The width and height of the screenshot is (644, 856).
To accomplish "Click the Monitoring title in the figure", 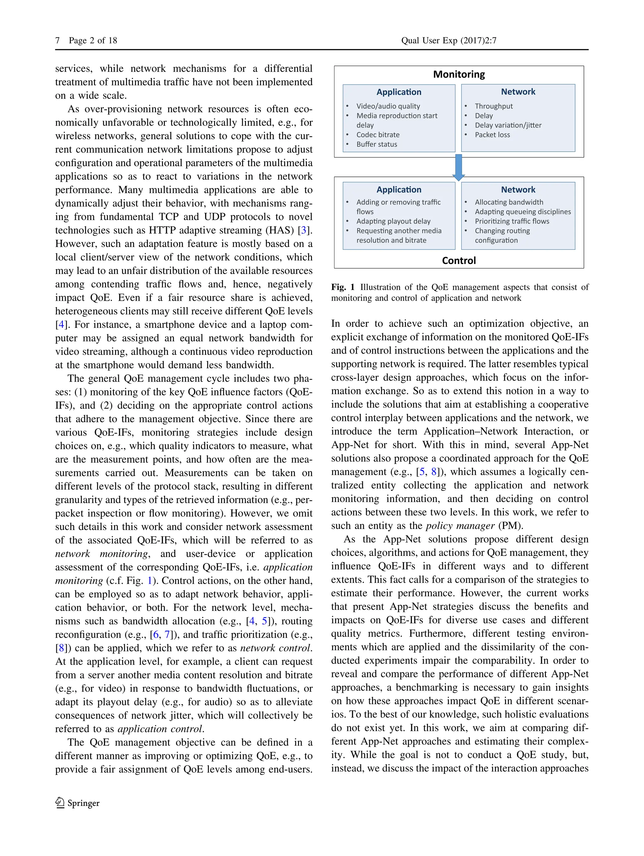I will (459, 74).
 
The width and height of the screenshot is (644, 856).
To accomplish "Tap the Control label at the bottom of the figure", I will (459, 260).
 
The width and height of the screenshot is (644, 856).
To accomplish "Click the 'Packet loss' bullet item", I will (492, 135).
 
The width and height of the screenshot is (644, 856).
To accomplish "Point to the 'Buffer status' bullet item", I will (376, 144).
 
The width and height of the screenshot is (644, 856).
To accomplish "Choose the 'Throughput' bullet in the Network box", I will (494, 106).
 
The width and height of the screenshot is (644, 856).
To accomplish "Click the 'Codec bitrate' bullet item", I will (378, 135).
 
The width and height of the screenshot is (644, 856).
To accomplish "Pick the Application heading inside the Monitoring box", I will (399, 92).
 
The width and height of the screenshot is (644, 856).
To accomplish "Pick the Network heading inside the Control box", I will (518, 190).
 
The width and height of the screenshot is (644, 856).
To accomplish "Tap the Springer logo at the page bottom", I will (77, 803).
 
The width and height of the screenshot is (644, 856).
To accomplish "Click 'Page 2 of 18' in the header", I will (93, 41).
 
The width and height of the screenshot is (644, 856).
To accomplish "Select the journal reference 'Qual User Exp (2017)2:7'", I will (449, 41).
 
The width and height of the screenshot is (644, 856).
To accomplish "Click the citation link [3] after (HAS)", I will (304, 230).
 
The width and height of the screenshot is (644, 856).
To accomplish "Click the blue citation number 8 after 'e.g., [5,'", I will (434, 472).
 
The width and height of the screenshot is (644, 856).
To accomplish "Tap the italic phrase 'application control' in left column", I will (160, 729).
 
